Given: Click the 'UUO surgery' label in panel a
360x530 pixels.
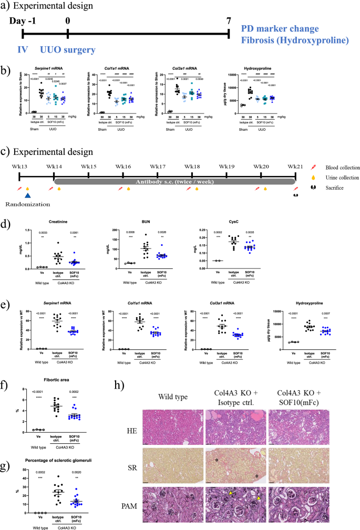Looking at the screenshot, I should coord(68,50).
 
